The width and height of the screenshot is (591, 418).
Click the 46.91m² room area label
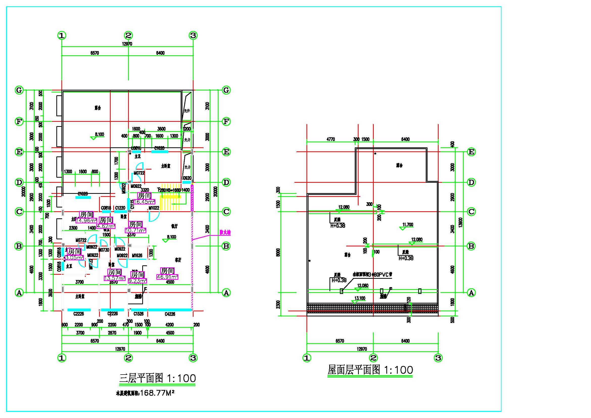tap(167, 277)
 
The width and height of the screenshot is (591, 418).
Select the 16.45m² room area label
tap(145, 202)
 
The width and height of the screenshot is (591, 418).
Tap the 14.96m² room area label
tap(86, 220)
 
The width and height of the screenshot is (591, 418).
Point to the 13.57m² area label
tap(114, 278)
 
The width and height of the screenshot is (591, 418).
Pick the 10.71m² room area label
tap(136, 230)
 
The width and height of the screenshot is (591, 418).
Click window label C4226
tap(170, 314)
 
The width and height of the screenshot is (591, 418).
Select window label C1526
tap(138, 314)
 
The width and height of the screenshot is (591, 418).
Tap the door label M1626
tap(137, 255)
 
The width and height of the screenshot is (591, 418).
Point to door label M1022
tap(154, 208)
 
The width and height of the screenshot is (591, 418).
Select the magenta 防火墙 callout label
tap(225, 233)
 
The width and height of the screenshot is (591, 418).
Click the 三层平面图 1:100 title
tap(157, 378)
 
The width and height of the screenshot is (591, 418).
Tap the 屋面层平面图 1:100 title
tap(370, 370)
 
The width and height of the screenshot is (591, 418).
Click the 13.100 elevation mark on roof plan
tap(360, 298)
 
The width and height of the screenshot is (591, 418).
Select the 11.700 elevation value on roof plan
tap(408, 225)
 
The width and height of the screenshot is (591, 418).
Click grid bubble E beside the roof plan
tap(471, 152)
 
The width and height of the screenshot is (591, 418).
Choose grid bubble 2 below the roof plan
tap(373, 358)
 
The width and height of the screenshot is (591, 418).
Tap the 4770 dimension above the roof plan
tap(331, 139)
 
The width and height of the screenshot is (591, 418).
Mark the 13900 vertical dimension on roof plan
tap(461, 222)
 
